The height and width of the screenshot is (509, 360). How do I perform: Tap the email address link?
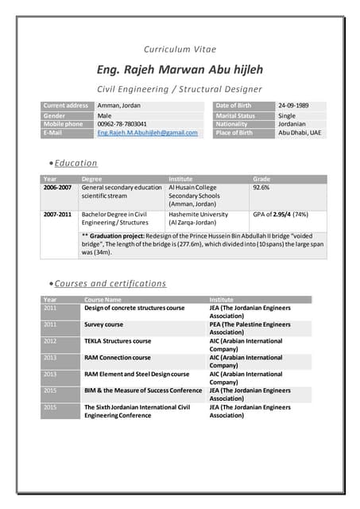point(147,133)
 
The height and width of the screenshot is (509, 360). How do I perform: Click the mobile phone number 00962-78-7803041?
point(122,124)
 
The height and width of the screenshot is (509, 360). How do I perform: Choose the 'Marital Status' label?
point(235,115)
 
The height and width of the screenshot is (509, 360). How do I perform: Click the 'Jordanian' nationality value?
point(292,124)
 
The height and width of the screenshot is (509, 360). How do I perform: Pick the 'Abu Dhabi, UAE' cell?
point(299,133)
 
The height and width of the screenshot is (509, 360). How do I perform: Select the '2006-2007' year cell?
point(57,188)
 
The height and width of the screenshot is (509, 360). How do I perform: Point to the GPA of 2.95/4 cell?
point(280,215)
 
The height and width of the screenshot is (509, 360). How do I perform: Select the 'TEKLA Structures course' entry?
point(118,341)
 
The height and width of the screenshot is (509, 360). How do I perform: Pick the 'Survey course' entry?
point(103,324)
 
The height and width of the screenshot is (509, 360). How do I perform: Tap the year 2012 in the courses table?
point(50,341)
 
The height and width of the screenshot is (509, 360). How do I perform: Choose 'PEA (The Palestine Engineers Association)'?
point(250,328)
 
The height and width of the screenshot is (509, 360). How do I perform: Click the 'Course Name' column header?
point(103,300)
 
